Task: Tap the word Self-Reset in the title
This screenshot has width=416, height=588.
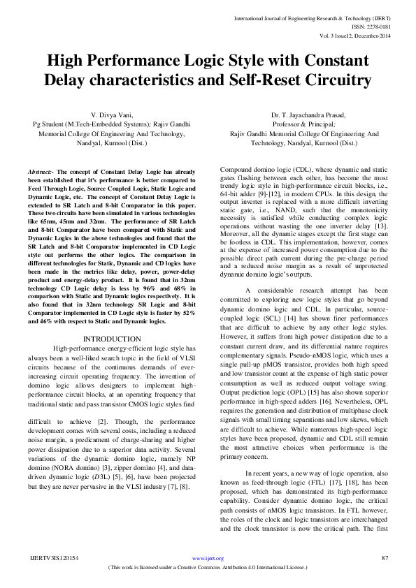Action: pyautogui.click(x=264, y=80)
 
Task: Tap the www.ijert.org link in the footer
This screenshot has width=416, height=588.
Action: pyautogui.click(x=208, y=559)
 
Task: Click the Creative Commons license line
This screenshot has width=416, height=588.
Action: pyautogui.click(x=208, y=568)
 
